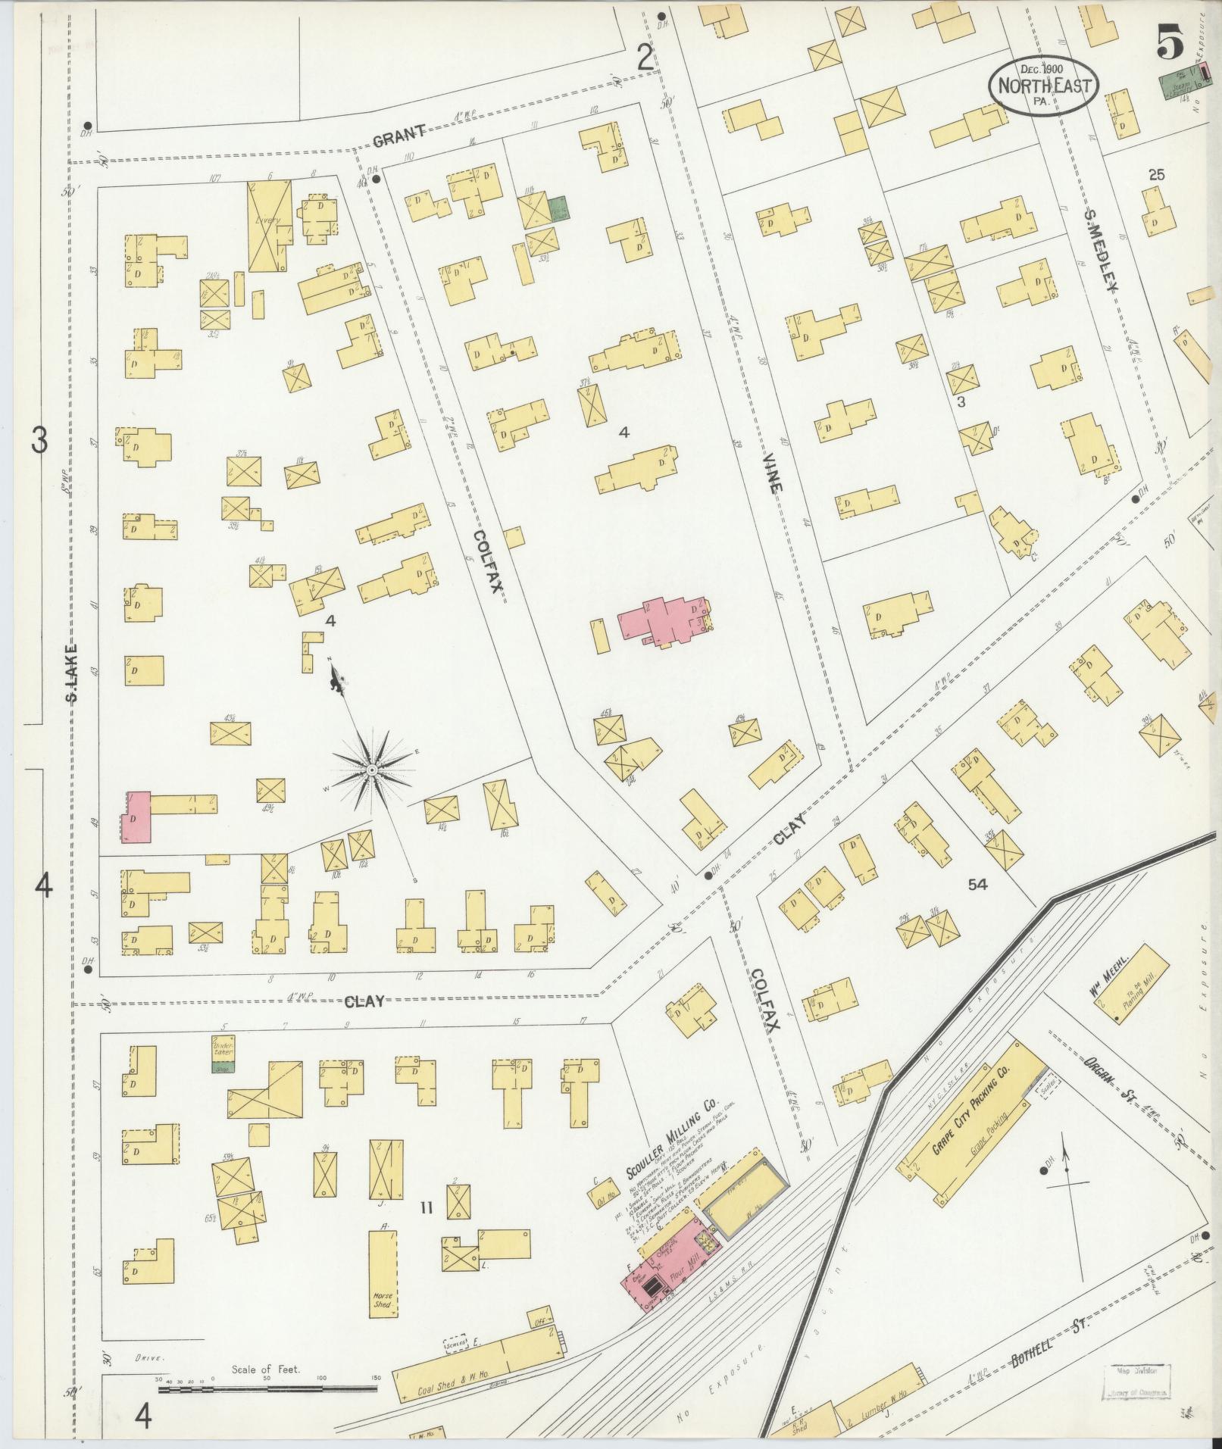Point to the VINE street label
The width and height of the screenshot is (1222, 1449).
click(771, 474)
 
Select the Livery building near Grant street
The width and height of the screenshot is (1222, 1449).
click(270, 226)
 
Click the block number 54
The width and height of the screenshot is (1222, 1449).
click(978, 883)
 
